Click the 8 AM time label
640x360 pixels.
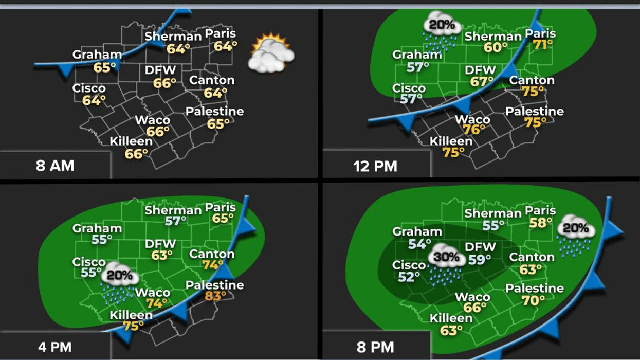(55, 166)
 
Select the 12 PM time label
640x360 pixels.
(375, 166)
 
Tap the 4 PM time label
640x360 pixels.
(54, 347)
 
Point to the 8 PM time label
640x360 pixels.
(375, 347)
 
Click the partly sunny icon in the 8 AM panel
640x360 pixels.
(271, 53)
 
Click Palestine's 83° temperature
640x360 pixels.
(215, 296)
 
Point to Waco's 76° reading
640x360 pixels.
(473, 130)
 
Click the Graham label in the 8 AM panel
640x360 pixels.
(97, 55)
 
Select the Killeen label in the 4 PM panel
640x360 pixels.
(131, 315)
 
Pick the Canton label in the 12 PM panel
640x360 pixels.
(532, 80)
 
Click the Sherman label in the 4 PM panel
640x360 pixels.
(173, 210)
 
